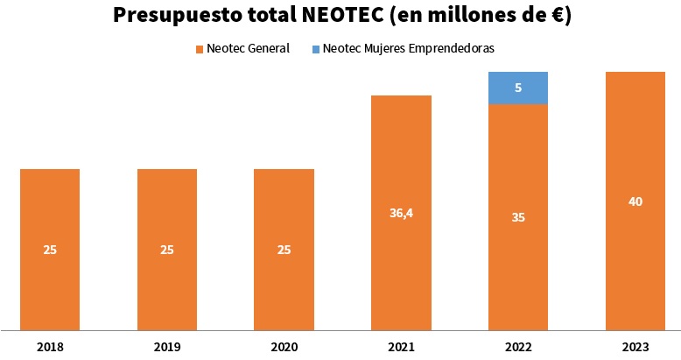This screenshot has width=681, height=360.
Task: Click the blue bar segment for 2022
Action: [518, 88]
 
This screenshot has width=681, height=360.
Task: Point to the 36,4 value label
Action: [401, 212]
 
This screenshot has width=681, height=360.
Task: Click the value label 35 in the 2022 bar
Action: [518, 217]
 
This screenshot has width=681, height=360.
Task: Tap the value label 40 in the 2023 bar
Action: [635, 201]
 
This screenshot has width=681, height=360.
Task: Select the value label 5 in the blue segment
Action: [518, 88]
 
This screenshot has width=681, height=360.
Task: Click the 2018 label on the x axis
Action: [50, 347]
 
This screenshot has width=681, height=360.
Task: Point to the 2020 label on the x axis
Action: [284, 347]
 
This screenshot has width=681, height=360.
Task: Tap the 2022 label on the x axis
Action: [518, 347]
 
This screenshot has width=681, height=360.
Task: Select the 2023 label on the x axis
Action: [635, 347]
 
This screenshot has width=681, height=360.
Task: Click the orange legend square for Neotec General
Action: [200, 49]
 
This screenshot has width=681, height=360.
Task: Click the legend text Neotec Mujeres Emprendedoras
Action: [408, 49]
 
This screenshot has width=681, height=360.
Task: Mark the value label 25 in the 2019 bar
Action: [167, 250]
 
